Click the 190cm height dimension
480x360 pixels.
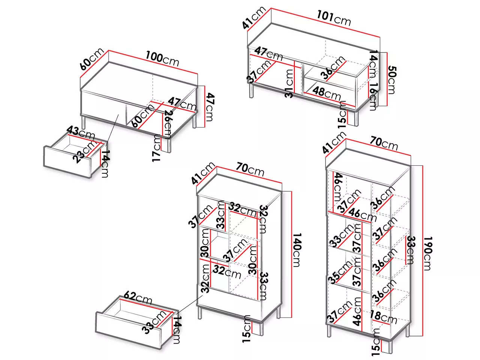click(x=427, y=253)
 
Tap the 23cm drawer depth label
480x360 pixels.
click(x=85, y=152)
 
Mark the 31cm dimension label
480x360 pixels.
click(x=289, y=84)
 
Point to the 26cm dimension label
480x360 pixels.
click(x=168, y=124)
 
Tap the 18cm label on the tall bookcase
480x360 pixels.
click(x=383, y=317)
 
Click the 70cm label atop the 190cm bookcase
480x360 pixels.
click(x=384, y=143)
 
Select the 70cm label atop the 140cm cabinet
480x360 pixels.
click(x=250, y=169)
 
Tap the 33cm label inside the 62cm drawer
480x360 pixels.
click(x=154, y=322)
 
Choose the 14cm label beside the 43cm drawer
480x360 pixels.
click(x=105, y=164)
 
